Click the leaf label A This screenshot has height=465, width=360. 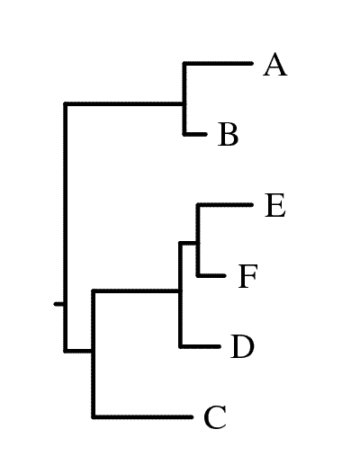click(x=275, y=65)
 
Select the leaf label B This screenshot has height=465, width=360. click(x=229, y=134)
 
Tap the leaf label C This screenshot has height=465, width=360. click(x=215, y=417)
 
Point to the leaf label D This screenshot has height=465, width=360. click(x=242, y=346)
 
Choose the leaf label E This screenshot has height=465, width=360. click(x=275, y=205)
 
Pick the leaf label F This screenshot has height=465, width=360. click(x=247, y=276)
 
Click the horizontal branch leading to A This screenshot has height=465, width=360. click(x=219, y=63)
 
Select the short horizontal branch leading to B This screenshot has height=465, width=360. click(x=195, y=134)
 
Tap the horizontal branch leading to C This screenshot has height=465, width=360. click(x=142, y=416)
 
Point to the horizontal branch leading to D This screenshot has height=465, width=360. click(x=200, y=346)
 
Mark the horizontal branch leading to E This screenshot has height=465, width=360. click(x=225, y=205)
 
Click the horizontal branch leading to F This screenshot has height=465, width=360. click(x=211, y=275)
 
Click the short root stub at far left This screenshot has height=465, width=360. click(x=58, y=304)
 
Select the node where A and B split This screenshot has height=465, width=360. click(x=184, y=104)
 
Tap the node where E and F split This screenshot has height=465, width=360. click(x=198, y=243)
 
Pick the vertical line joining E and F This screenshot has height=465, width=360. click(x=198, y=240)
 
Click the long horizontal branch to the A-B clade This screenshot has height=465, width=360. click(x=124, y=104)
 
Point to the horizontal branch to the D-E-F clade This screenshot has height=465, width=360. click(x=136, y=291)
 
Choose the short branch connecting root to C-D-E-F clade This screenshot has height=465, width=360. click(x=78, y=351)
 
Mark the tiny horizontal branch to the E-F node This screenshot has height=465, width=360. click(x=188, y=243)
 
